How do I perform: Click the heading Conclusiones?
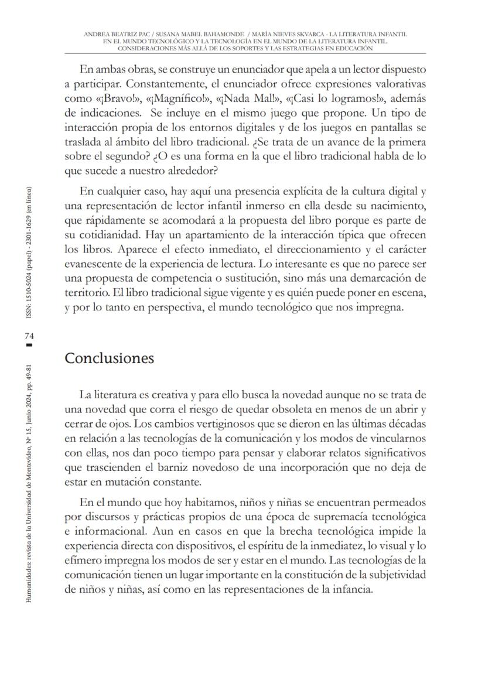tap(109, 358)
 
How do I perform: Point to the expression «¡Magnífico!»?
tap(172, 98)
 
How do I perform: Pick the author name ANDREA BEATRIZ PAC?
tap(117, 35)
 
